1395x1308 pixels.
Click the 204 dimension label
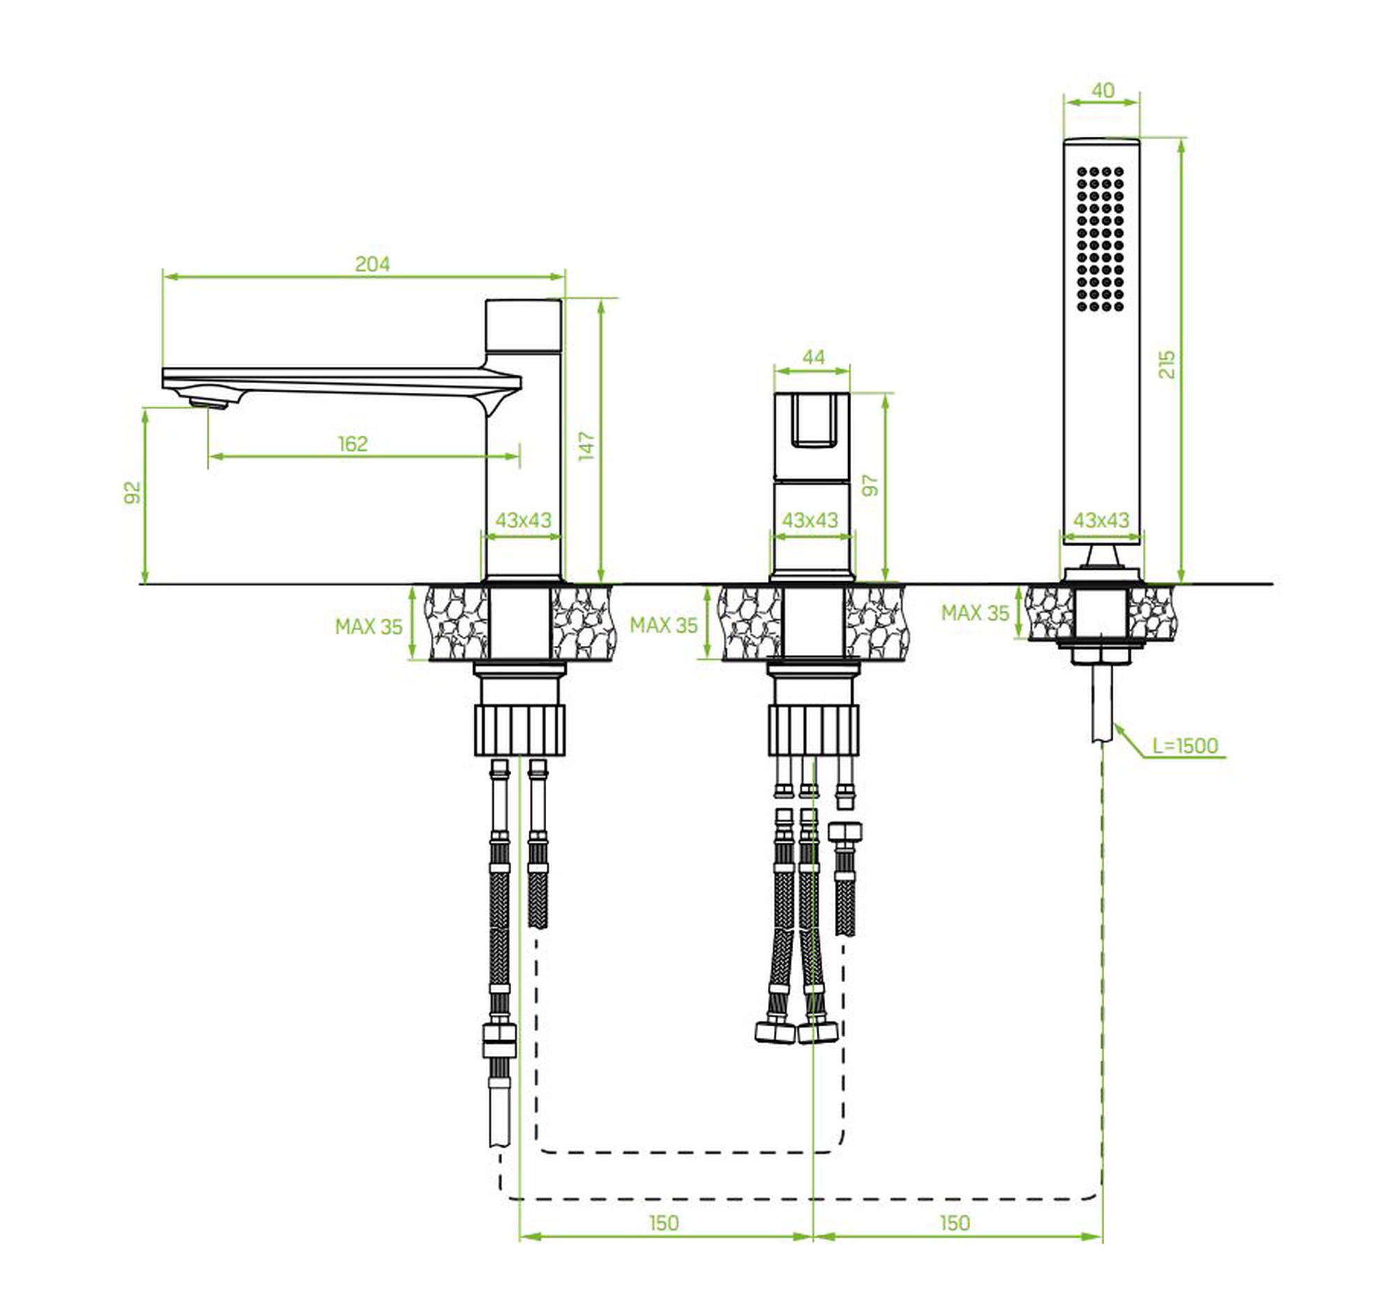pyautogui.click(x=372, y=264)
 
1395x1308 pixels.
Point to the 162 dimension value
pyautogui.click(x=352, y=444)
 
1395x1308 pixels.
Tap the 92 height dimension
pyautogui.click(x=133, y=493)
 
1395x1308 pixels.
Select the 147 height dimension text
pyautogui.click(x=587, y=446)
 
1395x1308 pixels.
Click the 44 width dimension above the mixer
pyautogui.click(x=813, y=357)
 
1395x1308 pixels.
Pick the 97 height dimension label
pyautogui.click(x=870, y=486)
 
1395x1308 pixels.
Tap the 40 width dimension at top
pyautogui.click(x=1103, y=91)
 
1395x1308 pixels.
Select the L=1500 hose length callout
pyautogui.click(x=1185, y=745)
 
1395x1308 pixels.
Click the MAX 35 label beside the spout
pyautogui.click(x=368, y=626)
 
